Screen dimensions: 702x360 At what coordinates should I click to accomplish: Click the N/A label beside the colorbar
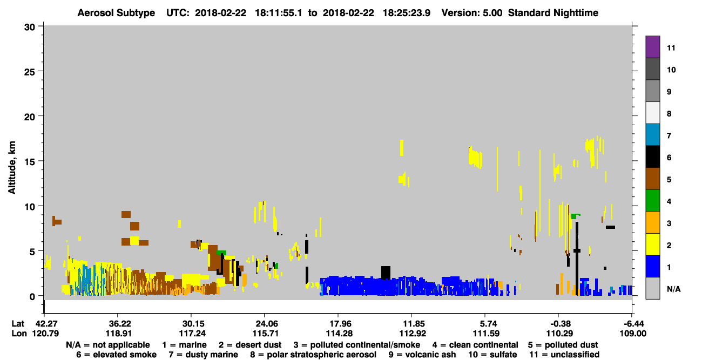point(673,289)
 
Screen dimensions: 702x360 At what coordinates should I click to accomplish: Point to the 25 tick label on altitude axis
point(30,72)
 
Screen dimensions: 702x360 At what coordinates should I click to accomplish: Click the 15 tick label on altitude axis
point(30,162)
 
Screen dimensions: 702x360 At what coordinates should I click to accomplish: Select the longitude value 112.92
point(412,334)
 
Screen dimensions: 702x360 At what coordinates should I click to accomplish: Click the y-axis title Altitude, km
point(11,168)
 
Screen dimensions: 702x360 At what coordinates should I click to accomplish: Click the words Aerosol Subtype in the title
point(116,13)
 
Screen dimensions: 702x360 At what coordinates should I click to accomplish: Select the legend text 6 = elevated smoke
point(116,355)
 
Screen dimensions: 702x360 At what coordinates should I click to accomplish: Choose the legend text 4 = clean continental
point(475,345)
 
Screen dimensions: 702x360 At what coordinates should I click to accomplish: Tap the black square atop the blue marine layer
point(386,273)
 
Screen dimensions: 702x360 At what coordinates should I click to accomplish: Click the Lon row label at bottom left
point(19,334)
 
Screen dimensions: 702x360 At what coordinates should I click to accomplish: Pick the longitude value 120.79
point(45,334)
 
